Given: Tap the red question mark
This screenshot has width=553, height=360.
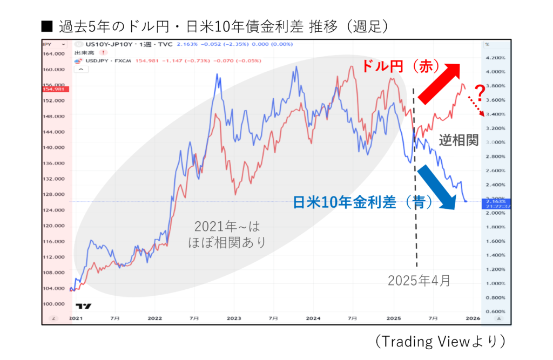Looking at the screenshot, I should click(x=478, y=92).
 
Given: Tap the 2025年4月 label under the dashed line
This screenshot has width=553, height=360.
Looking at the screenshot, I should click(x=419, y=280).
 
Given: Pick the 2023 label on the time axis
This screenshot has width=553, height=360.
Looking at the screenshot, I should click(x=234, y=319).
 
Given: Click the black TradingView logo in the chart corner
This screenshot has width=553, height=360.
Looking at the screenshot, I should click(x=83, y=306).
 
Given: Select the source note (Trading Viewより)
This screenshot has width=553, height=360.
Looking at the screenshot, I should click(x=441, y=341).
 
